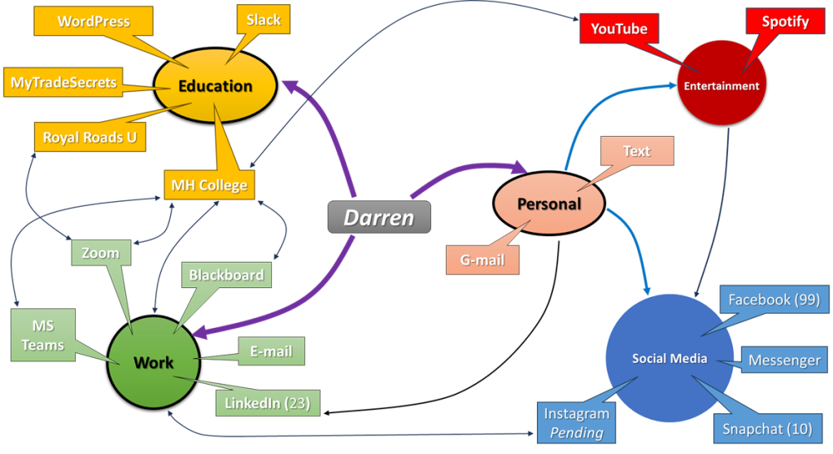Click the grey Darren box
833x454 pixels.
[x=378, y=217]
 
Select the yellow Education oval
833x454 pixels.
[x=216, y=86]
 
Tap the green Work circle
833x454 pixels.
[x=154, y=362]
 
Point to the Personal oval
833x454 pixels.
[x=549, y=203]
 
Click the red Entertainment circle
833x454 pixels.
[x=722, y=85]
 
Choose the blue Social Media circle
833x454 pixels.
[x=670, y=359]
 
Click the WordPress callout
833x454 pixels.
[x=94, y=20]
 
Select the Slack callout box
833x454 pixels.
[x=264, y=20]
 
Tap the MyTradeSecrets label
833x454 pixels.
[x=63, y=82]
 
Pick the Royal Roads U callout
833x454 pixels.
[x=89, y=137]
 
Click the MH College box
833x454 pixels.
[x=209, y=185]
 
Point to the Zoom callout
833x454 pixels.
[x=101, y=253]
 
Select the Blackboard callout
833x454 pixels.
[x=226, y=275]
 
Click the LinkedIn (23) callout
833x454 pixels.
[x=268, y=402]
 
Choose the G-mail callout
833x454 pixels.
[x=482, y=260]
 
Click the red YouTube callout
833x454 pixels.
[x=619, y=29]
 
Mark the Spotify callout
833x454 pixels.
[x=785, y=22]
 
